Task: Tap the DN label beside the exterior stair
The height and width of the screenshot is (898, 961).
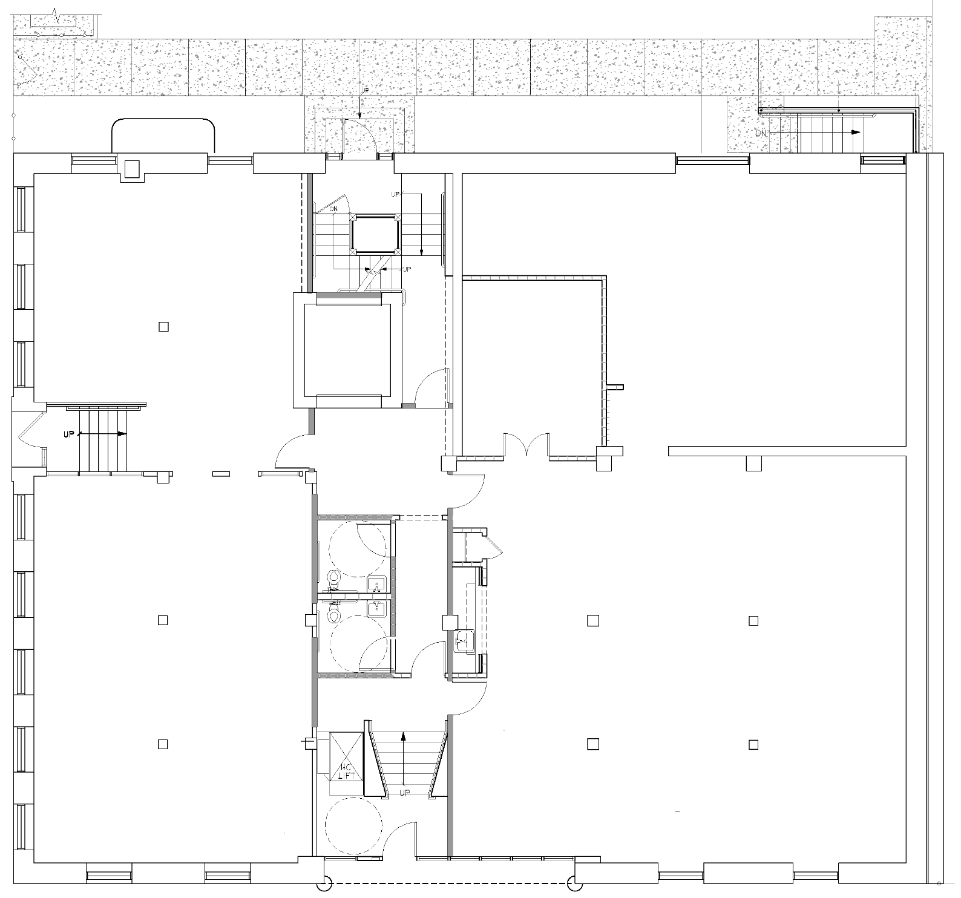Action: point(760,133)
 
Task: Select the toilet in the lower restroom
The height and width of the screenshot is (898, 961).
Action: point(333,614)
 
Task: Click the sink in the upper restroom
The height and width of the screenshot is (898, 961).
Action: point(376,585)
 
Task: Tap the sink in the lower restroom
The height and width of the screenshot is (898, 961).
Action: point(376,607)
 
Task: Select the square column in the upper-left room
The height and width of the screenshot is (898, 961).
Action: point(163,327)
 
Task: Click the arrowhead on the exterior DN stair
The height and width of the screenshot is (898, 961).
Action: point(856,132)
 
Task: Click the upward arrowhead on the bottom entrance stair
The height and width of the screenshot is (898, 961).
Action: point(403,735)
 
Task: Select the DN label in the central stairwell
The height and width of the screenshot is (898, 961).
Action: point(333,209)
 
